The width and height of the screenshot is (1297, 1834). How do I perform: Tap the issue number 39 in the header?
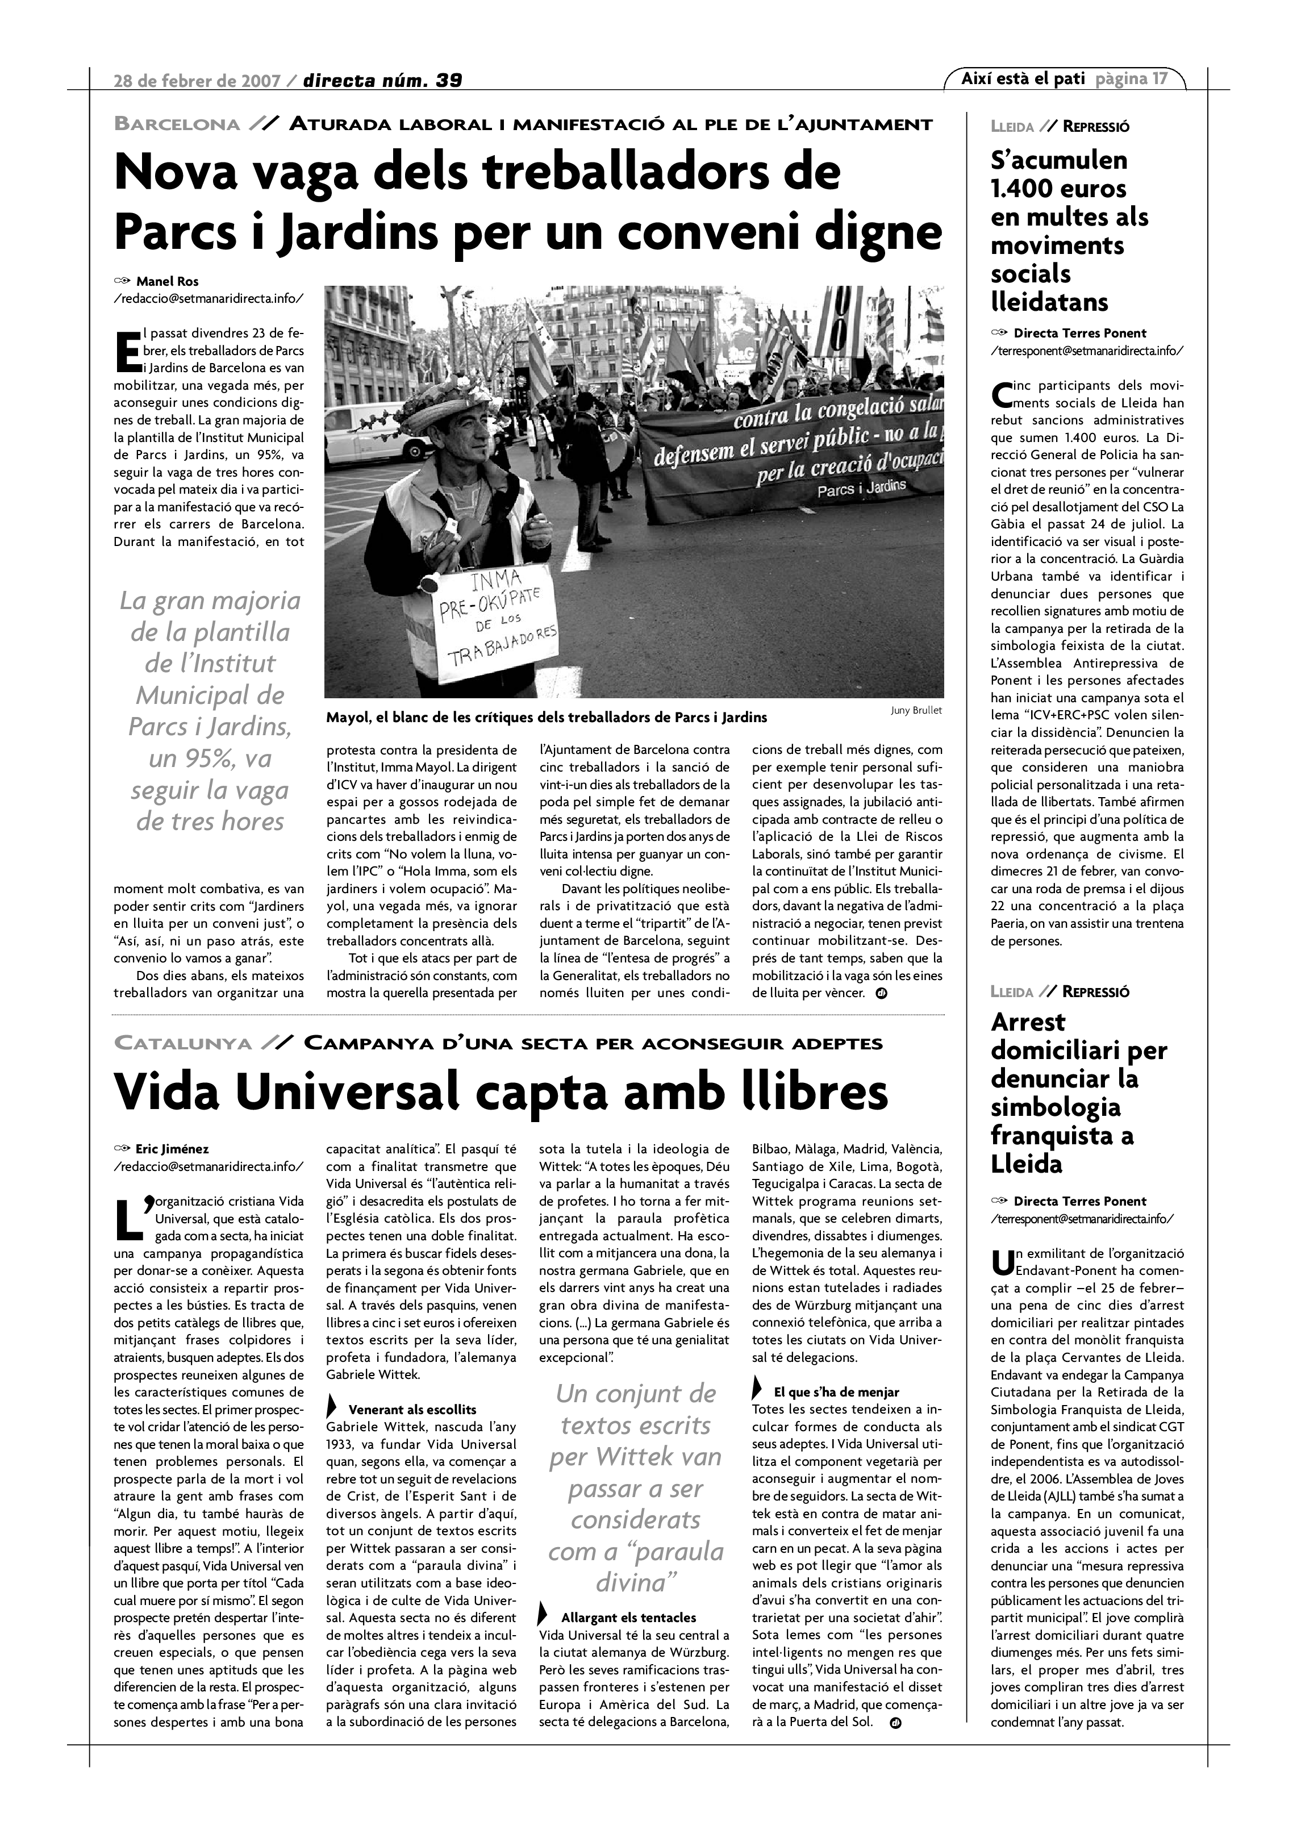(x=449, y=81)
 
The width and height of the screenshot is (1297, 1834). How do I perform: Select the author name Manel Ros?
(x=167, y=281)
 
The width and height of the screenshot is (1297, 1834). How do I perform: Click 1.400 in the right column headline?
(x=1024, y=189)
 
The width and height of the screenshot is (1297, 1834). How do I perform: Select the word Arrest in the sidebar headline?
(x=1028, y=1022)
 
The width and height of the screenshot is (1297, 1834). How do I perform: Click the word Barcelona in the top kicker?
(x=177, y=124)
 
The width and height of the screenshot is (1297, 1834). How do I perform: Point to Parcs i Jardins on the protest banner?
(x=862, y=487)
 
